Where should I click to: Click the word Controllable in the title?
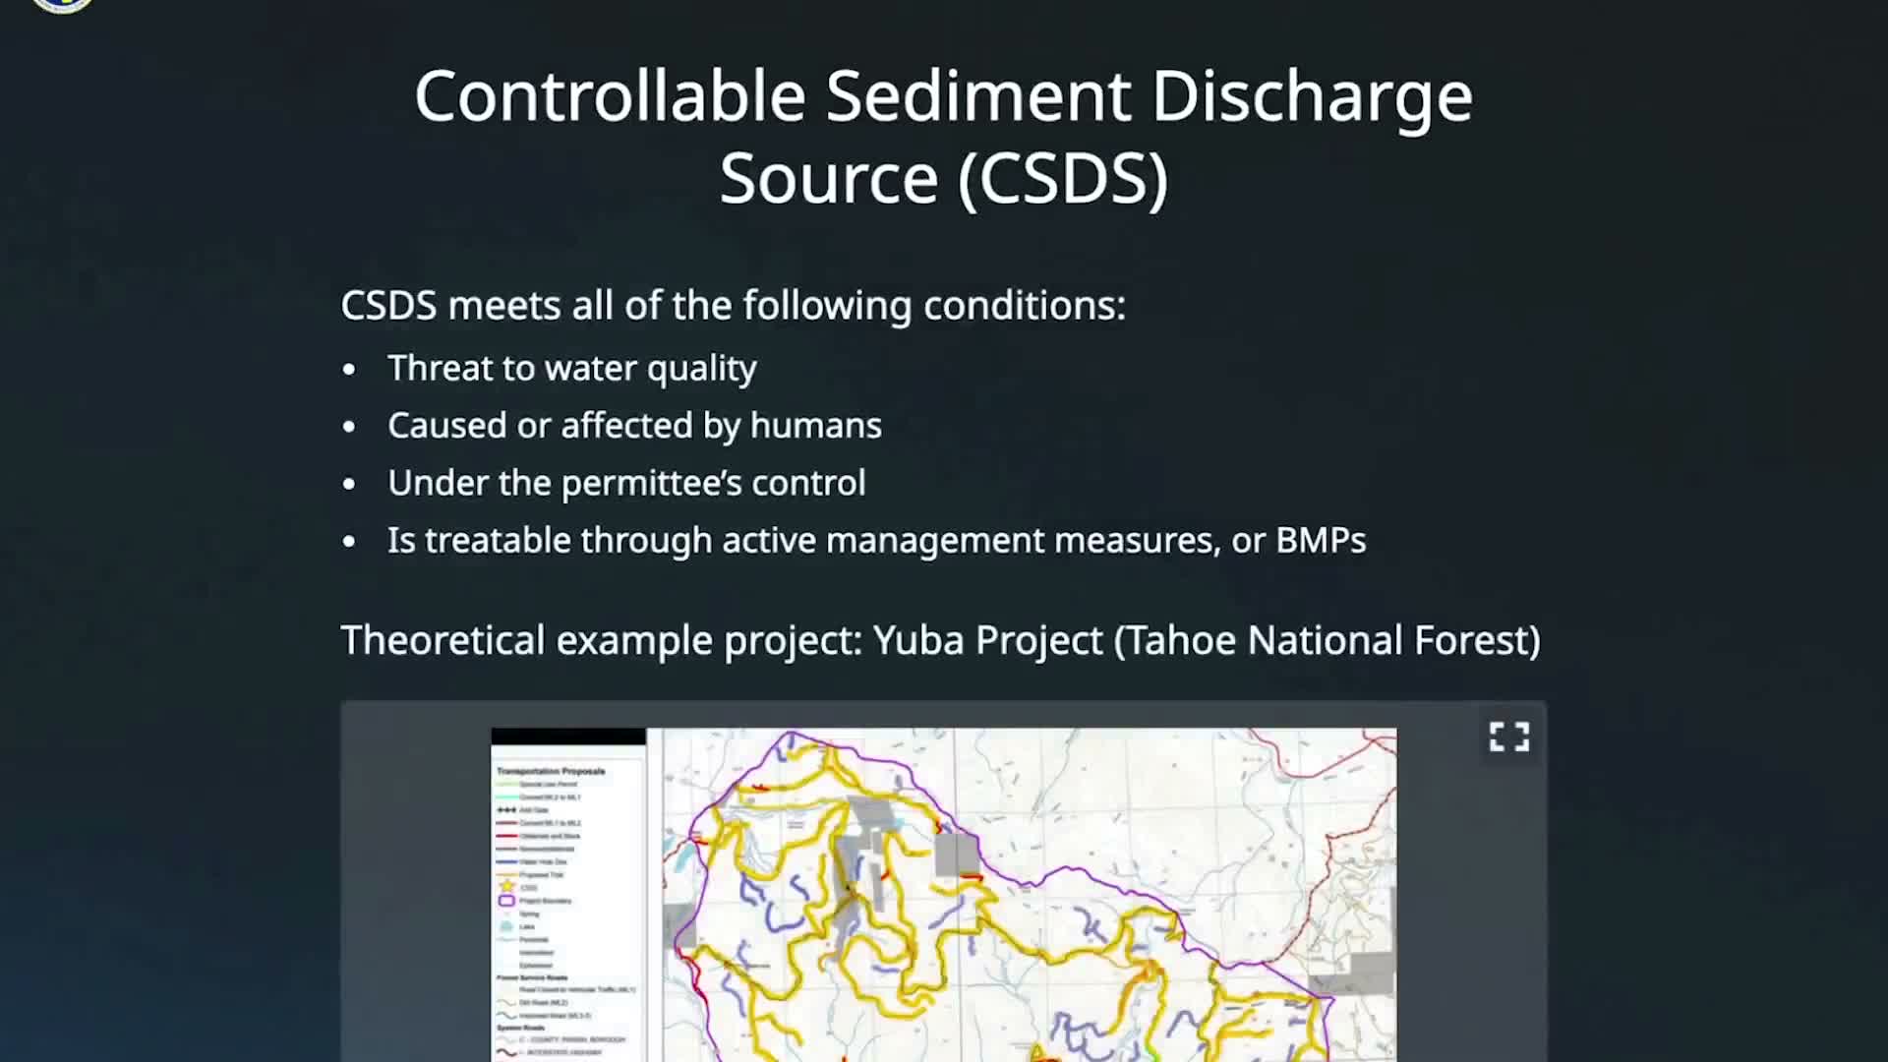click(610, 96)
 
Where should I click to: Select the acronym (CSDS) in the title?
click(1063, 178)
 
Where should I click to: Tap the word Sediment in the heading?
click(977, 96)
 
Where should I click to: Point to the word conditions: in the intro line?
click(1024, 306)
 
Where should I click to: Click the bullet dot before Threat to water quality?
click(349, 370)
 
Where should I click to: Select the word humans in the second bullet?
click(815, 426)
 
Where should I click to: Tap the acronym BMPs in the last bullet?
click(1320, 541)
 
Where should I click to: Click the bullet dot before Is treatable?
click(349, 542)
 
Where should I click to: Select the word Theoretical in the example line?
click(442, 641)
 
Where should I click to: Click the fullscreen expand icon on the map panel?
click(1508, 737)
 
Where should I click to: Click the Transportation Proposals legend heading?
click(551, 771)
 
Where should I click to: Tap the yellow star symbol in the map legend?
click(507, 887)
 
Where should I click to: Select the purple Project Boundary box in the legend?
click(506, 901)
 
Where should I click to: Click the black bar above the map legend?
click(567, 737)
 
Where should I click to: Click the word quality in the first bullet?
click(701, 369)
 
